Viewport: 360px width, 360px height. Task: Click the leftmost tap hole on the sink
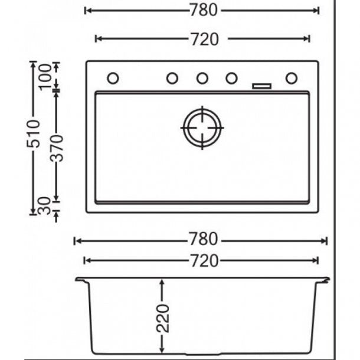113,78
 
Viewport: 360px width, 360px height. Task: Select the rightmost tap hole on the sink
292,78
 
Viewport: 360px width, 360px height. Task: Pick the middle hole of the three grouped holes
202,78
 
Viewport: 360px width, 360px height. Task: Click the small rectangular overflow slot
261,86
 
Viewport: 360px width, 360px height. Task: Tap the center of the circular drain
202,126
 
